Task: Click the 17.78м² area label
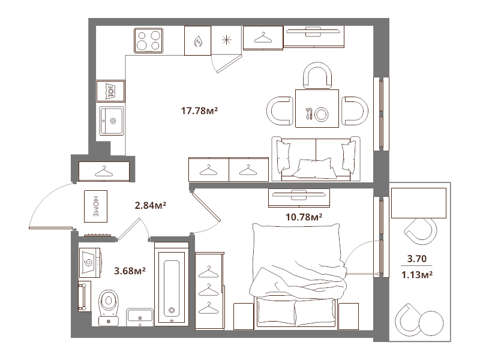199,110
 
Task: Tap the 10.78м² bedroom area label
304,217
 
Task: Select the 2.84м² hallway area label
151,205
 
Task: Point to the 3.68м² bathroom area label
130,271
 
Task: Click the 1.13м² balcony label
417,275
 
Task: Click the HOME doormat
96,206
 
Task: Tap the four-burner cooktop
148,40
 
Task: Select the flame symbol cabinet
197,41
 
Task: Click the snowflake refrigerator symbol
227,40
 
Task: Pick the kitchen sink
112,121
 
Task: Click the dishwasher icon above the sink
110,91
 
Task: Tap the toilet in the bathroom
109,307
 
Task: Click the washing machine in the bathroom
90,262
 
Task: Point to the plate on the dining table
322,115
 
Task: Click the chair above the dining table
317,76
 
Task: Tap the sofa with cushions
316,158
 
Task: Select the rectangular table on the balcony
418,203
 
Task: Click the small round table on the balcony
431,323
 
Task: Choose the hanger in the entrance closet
104,172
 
